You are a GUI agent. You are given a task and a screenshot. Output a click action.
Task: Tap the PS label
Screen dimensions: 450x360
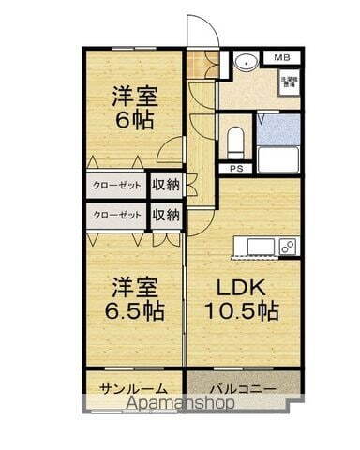(235, 169)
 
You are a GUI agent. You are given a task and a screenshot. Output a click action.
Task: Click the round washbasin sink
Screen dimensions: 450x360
(246, 65)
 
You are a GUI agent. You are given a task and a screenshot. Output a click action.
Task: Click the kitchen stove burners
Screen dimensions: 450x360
(288, 247)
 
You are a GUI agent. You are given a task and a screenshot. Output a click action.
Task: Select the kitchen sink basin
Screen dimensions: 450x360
(261, 247)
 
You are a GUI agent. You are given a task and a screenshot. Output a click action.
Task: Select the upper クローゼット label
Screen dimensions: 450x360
(117, 186)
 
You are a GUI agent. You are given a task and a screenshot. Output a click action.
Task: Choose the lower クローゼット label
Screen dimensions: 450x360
(117, 215)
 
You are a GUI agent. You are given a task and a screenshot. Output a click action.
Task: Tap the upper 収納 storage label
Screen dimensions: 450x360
(166, 186)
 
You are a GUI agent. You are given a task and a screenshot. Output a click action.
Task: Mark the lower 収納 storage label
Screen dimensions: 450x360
(166, 215)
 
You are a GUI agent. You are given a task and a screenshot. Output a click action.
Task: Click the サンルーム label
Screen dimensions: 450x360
(134, 388)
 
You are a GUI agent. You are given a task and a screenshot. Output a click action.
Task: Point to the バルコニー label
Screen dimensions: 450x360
(243, 388)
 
